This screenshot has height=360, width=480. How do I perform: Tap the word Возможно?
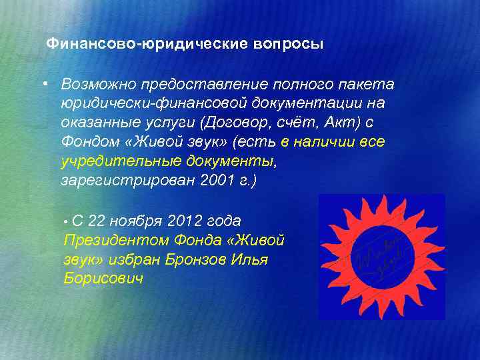(97, 85)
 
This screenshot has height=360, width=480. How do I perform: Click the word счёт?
(293, 123)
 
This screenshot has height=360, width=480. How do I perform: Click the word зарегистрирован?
(128, 181)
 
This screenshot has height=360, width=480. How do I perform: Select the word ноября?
(138, 220)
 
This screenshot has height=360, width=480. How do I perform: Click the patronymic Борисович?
(103, 278)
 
